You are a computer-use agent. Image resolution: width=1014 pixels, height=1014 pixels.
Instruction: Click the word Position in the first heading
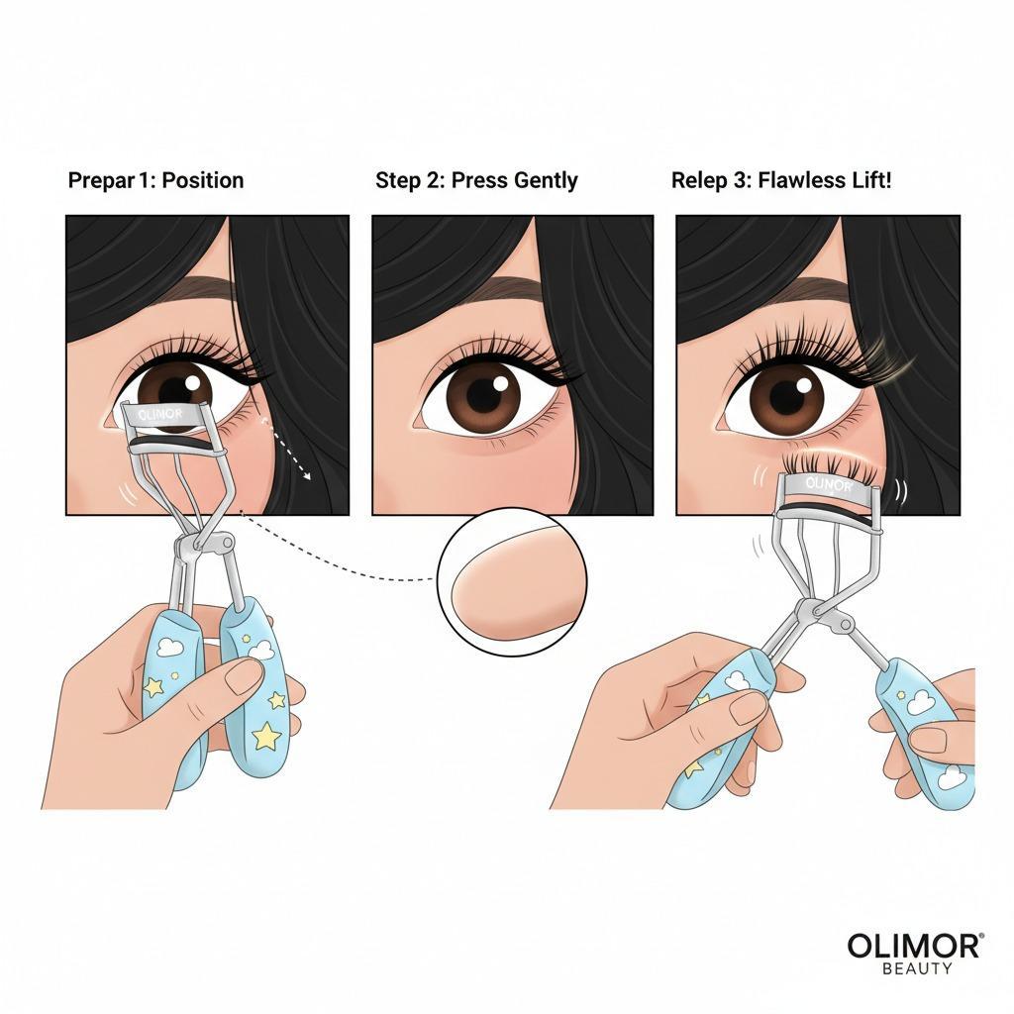[202, 180]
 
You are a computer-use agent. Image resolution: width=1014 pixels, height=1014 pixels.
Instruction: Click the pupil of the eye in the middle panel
[483, 392]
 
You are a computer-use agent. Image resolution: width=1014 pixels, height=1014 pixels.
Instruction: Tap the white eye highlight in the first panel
[193, 382]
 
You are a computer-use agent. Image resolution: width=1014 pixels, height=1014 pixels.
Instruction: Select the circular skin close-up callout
[512, 581]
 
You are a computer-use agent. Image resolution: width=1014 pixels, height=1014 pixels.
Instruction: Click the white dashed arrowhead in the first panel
[307, 476]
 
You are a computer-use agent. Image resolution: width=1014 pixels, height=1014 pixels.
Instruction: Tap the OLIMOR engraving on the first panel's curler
[160, 414]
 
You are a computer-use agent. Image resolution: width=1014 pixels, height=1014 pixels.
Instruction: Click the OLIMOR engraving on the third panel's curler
[829, 484]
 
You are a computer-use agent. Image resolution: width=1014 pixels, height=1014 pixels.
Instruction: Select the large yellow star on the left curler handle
[265, 736]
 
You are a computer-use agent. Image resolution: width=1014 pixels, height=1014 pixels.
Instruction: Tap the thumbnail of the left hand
[244, 676]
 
